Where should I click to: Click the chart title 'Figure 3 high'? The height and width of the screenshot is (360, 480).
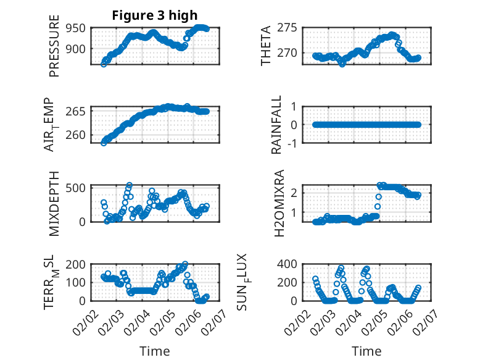pos(155,16)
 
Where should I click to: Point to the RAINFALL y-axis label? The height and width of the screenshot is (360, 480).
pos(277,125)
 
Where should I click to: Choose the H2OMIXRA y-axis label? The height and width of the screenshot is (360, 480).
pos(279,203)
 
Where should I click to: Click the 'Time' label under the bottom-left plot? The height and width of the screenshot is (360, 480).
pos(155,351)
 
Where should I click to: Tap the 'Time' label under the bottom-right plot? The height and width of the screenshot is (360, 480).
pos(367,351)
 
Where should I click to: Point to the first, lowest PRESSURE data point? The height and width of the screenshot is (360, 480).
pos(104,64)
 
